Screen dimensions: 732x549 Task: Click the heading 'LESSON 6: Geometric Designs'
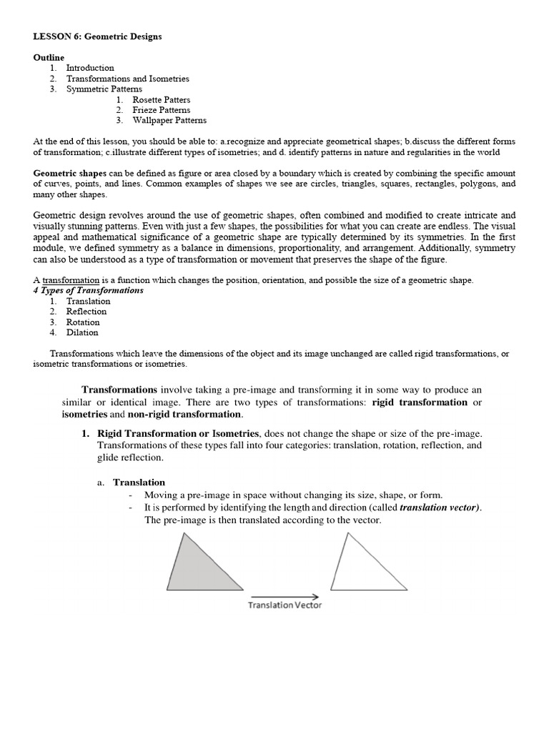pyautogui.click(x=97, y=36)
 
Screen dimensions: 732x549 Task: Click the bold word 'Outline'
pyautogui.click(x=49, y=57)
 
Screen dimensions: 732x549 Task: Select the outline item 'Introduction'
pyautogui.click(x=90, y=68)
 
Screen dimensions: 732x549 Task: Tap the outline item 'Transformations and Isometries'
pyautogui.click(x=128, y=79)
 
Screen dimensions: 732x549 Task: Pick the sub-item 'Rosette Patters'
pyautogui.click(x=162, y=100)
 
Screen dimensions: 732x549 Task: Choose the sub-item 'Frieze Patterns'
pyautogui.click(x=162, y=110)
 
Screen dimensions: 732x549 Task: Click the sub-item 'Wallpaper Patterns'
pyautogui.click(x=170, y=121)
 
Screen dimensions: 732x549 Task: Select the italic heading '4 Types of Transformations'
pyautogui.click(x=88, y=291)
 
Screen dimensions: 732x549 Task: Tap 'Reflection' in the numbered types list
pyautogui.click(x=86, y=312)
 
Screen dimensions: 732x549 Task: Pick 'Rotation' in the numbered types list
pyautogui.click(x=83, y=322)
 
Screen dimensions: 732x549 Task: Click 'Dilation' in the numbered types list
pyautogui.click(x=82, y=332)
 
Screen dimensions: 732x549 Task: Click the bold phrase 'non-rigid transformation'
pyautogui.click(x=184, y=415)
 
